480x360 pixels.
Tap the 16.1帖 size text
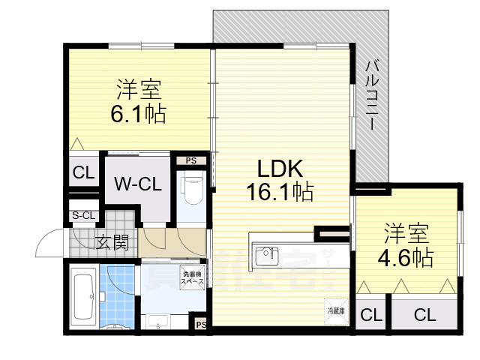[280, 192]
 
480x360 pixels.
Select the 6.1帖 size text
[139, 114]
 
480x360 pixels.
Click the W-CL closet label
[137, 184]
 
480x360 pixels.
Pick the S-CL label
[83, 216]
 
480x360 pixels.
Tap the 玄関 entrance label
[112, 242]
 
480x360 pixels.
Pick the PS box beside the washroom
[199, 325]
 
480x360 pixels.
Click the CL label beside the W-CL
[83, 172]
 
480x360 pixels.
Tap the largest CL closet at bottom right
[424, 315]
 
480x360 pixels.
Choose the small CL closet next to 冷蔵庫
[369, 315]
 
